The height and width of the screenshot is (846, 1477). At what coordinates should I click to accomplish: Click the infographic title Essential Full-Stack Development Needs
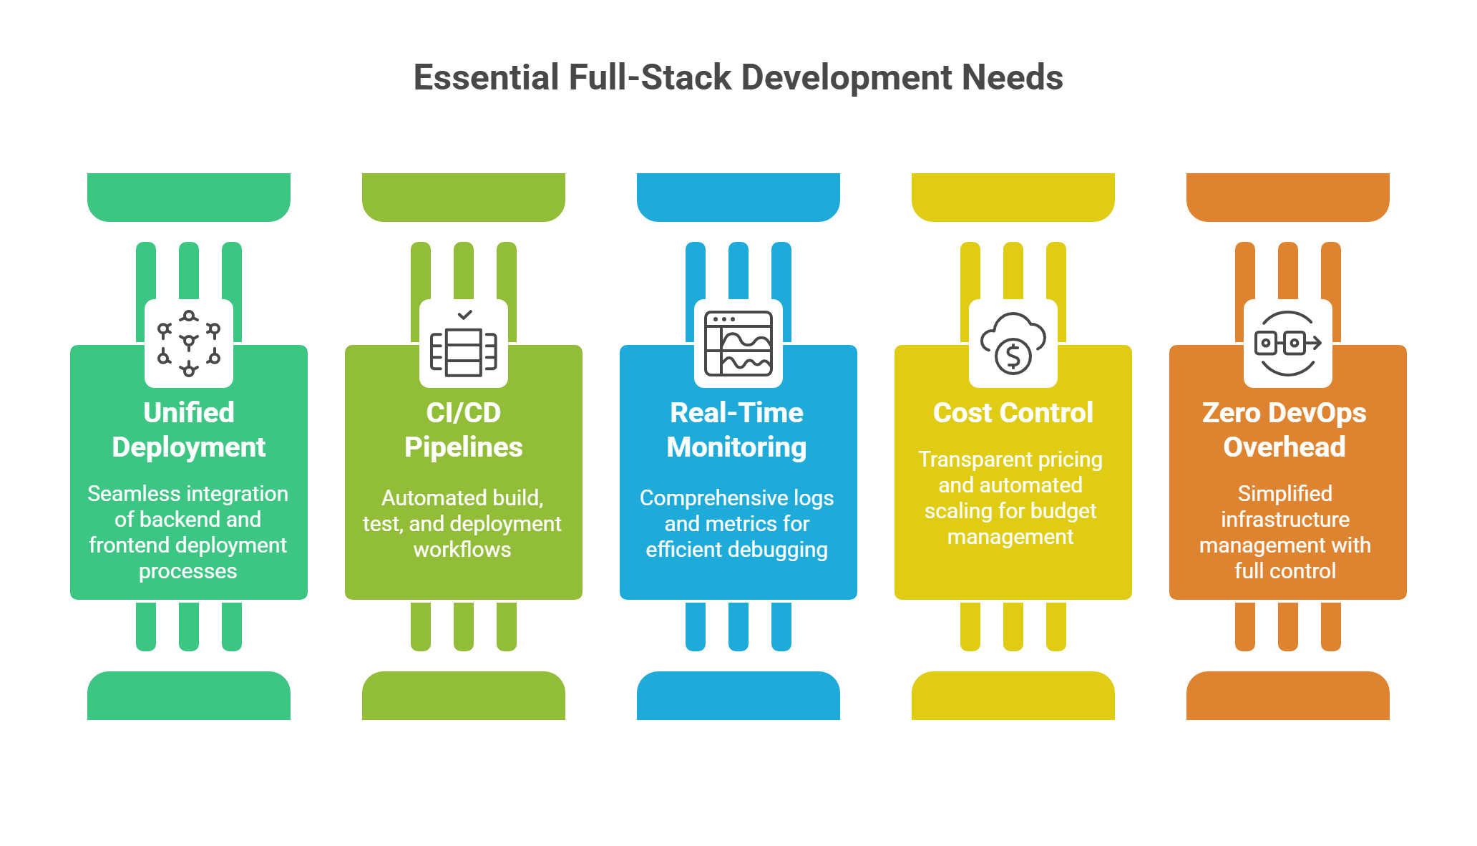[738, 77]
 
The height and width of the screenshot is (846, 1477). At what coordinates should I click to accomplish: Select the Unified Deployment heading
[189, 429]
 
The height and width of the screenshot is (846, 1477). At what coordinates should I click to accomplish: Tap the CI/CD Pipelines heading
[464, 429]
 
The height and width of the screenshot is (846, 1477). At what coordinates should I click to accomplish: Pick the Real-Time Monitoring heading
[737, 429]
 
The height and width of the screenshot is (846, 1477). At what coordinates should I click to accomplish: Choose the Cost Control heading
[1013, 413]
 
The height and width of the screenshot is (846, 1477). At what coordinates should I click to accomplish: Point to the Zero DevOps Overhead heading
[1285, 429]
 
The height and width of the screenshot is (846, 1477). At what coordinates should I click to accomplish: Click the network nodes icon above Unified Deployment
[189, 344]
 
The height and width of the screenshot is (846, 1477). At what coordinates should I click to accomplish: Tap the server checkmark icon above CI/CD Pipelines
[464, 344]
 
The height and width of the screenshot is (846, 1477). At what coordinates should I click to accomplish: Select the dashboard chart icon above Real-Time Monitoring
[738, 344]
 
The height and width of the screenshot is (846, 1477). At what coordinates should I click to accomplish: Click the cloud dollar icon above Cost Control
[1013, 344]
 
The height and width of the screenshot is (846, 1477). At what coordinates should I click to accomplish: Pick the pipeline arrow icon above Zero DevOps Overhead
[1288, 344]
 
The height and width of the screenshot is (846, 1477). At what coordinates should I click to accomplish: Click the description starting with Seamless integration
[188, 532]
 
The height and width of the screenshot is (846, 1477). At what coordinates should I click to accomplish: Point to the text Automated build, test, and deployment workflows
[462, 523]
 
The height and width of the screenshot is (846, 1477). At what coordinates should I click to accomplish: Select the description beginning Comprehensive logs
[737, 523]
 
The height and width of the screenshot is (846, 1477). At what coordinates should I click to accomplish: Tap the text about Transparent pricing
[1010, 497]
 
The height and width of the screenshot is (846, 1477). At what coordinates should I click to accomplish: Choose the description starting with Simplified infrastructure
[1285, 532]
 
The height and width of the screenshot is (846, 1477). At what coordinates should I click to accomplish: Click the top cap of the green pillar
[189, 196]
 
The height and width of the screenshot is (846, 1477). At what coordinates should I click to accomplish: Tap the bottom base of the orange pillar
[1288, 696]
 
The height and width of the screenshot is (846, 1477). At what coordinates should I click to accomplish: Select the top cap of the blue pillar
[738, 196]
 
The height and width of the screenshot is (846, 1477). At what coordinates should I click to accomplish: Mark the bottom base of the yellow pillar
[1013, 696]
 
